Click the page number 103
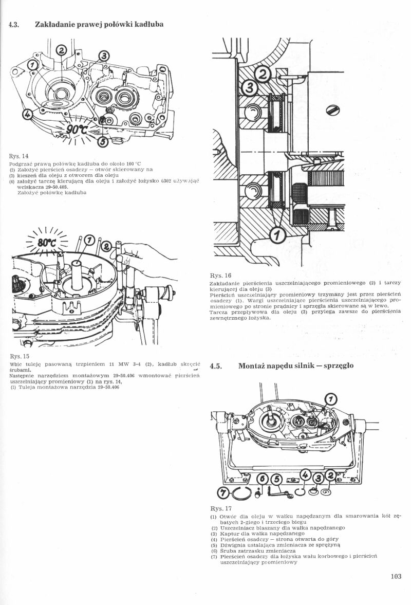tap(395, 576)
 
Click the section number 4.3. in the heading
tap(14, 24)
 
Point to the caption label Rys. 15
tap(18, 356)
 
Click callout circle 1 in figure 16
tap(278, 235)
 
